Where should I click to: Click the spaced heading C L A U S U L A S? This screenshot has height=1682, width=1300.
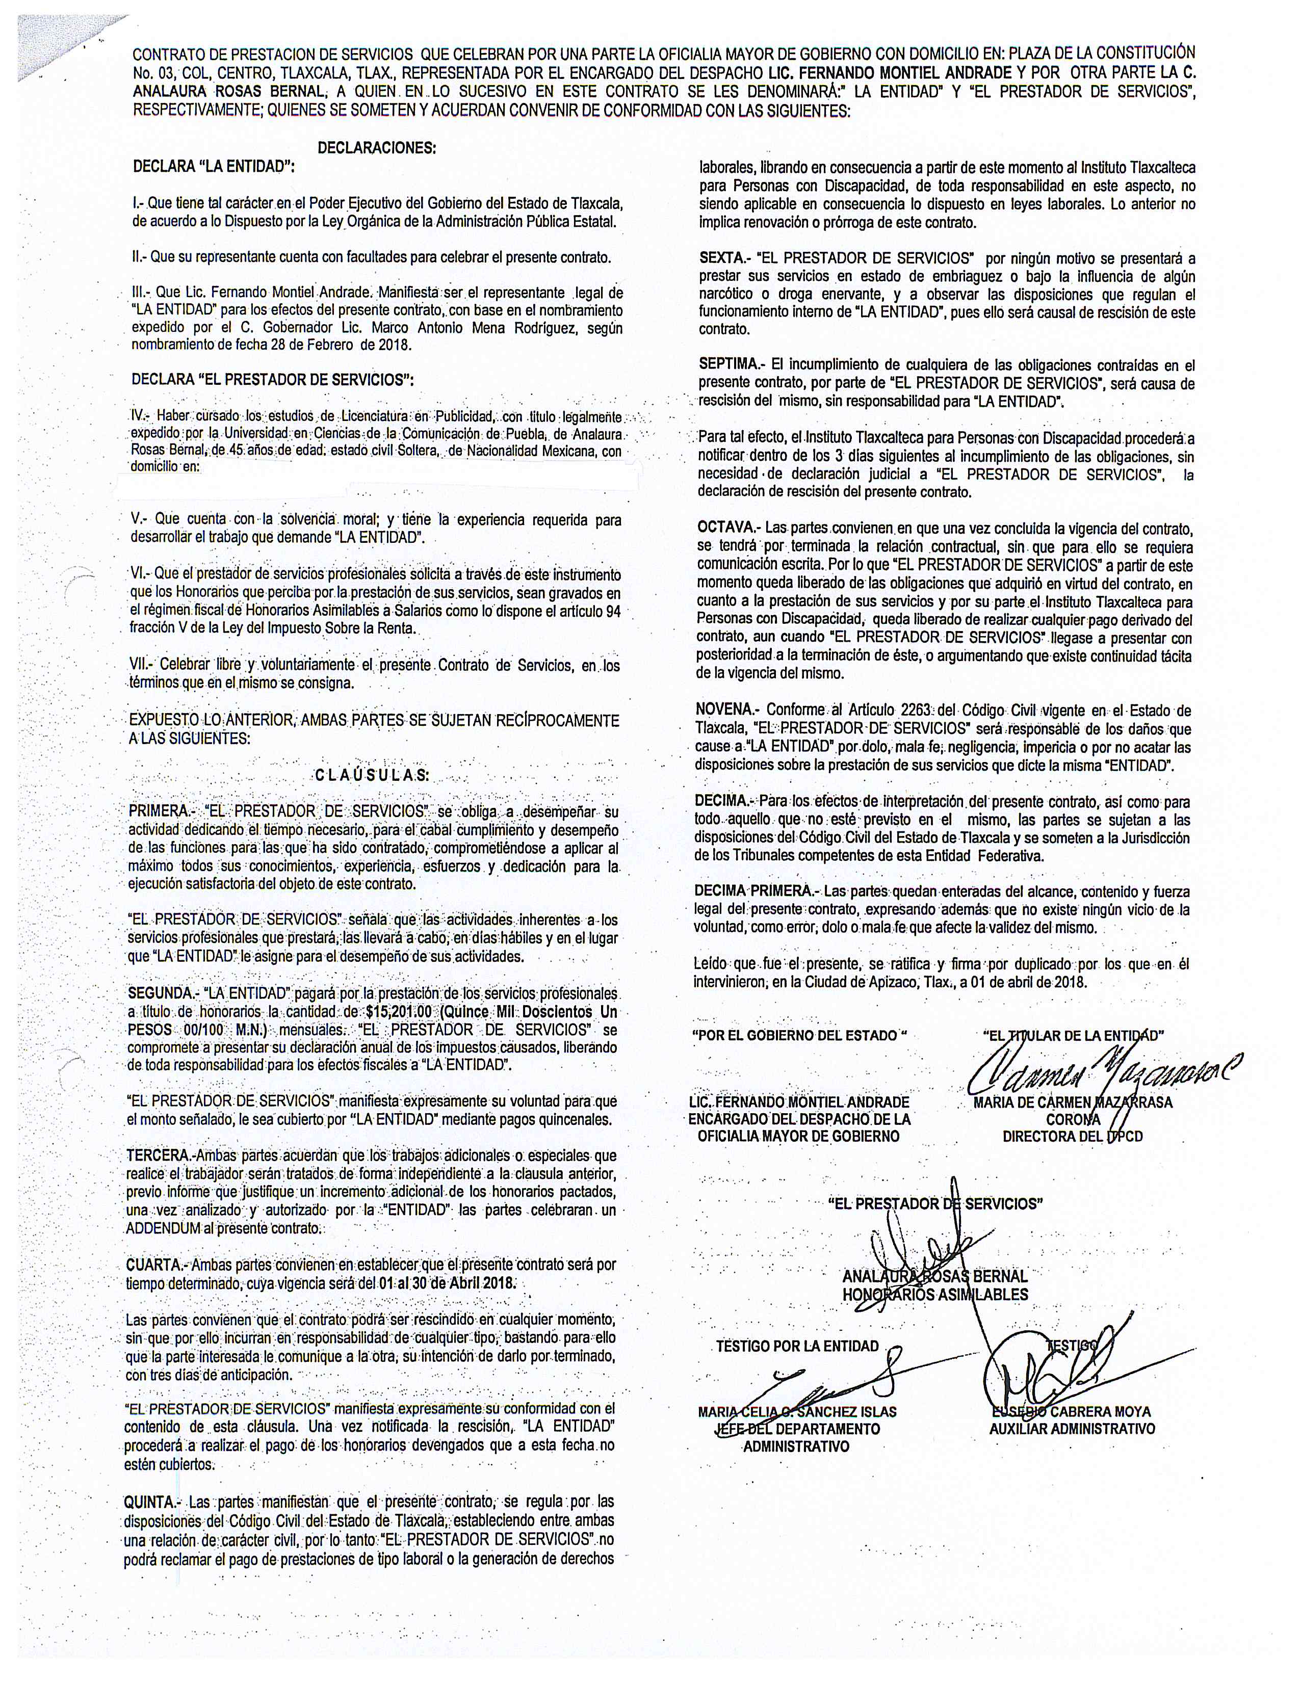[373, 775]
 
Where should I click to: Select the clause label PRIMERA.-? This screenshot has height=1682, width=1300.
[158, 811]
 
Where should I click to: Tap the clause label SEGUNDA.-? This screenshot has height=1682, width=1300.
[161, 993]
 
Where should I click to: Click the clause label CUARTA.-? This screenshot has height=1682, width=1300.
[157, 1265]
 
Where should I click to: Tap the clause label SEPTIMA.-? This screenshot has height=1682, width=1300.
[730, 365]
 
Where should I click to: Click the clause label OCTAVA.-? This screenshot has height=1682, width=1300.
[728, 529]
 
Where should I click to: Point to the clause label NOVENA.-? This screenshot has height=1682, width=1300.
[727, 710]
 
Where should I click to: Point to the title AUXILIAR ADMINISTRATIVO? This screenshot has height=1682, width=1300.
[1072, 1429]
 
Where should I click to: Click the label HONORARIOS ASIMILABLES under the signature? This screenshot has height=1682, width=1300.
[935, 1295]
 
